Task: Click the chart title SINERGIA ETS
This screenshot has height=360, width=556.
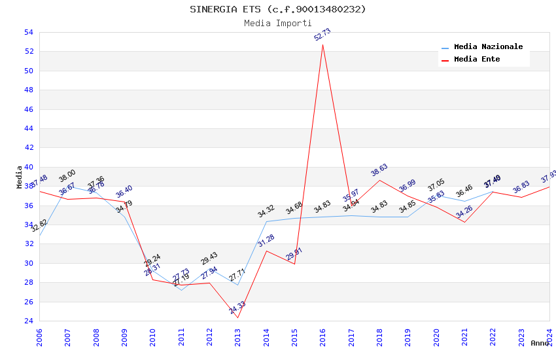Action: [278, 9]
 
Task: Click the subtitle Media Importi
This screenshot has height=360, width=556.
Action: [278, 23]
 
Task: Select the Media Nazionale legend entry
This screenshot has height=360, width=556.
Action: [488, 46]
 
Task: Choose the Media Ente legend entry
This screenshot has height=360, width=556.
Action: [477, 59]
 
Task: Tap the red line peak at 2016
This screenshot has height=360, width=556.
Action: [322, 45]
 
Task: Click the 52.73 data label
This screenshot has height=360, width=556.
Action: [322, 35]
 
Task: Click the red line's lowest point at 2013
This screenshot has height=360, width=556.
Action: [237, 318]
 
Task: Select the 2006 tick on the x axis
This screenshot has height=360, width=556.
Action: [39, 338]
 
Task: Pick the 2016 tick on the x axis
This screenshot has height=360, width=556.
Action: [322, 338]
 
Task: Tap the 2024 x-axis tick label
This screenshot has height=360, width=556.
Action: [549, 338]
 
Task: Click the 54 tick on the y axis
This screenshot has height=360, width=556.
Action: [28, 32]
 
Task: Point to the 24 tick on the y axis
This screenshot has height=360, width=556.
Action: [28, 321]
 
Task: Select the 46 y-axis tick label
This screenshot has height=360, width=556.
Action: [28, 109]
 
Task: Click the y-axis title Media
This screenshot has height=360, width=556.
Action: [20, 177]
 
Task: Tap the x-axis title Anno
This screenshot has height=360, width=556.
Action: [540, 343]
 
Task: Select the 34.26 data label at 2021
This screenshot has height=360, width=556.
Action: [464, 211]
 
